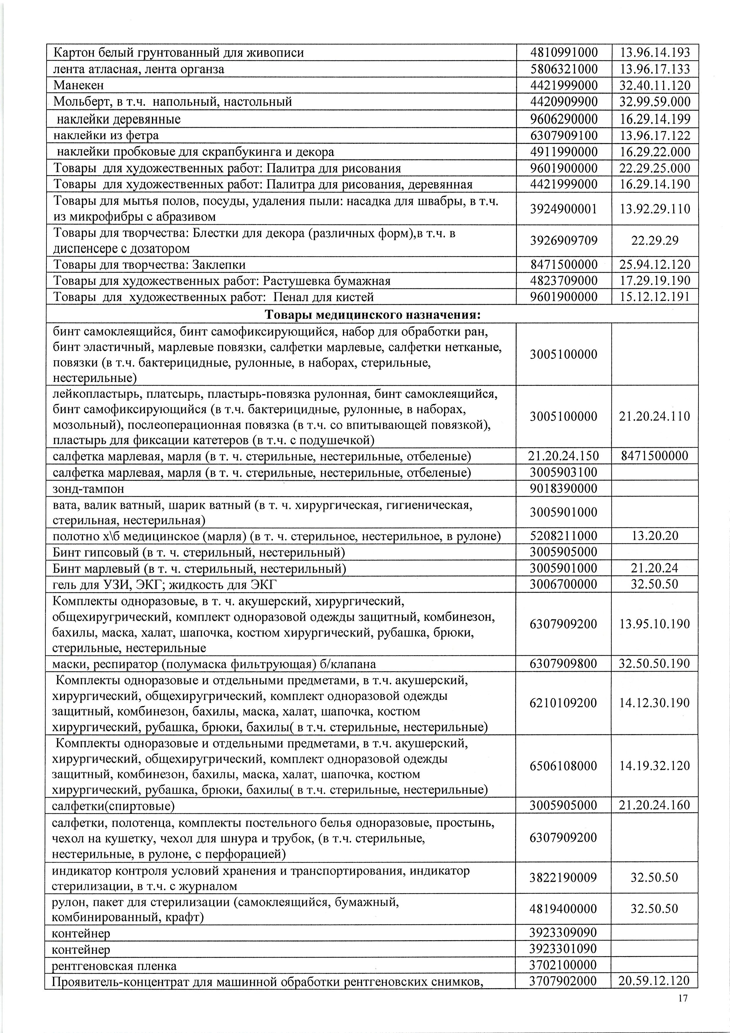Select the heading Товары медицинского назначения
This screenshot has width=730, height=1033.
(x=372, y=314)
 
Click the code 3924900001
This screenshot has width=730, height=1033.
(x=564, y=209)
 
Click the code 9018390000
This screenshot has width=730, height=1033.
(x=564, y=489)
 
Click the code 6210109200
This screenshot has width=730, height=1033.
(x=564, y=703)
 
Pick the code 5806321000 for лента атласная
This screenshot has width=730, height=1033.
(x=564, y=69)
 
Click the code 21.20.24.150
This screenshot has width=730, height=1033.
(x=564, y=456)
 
